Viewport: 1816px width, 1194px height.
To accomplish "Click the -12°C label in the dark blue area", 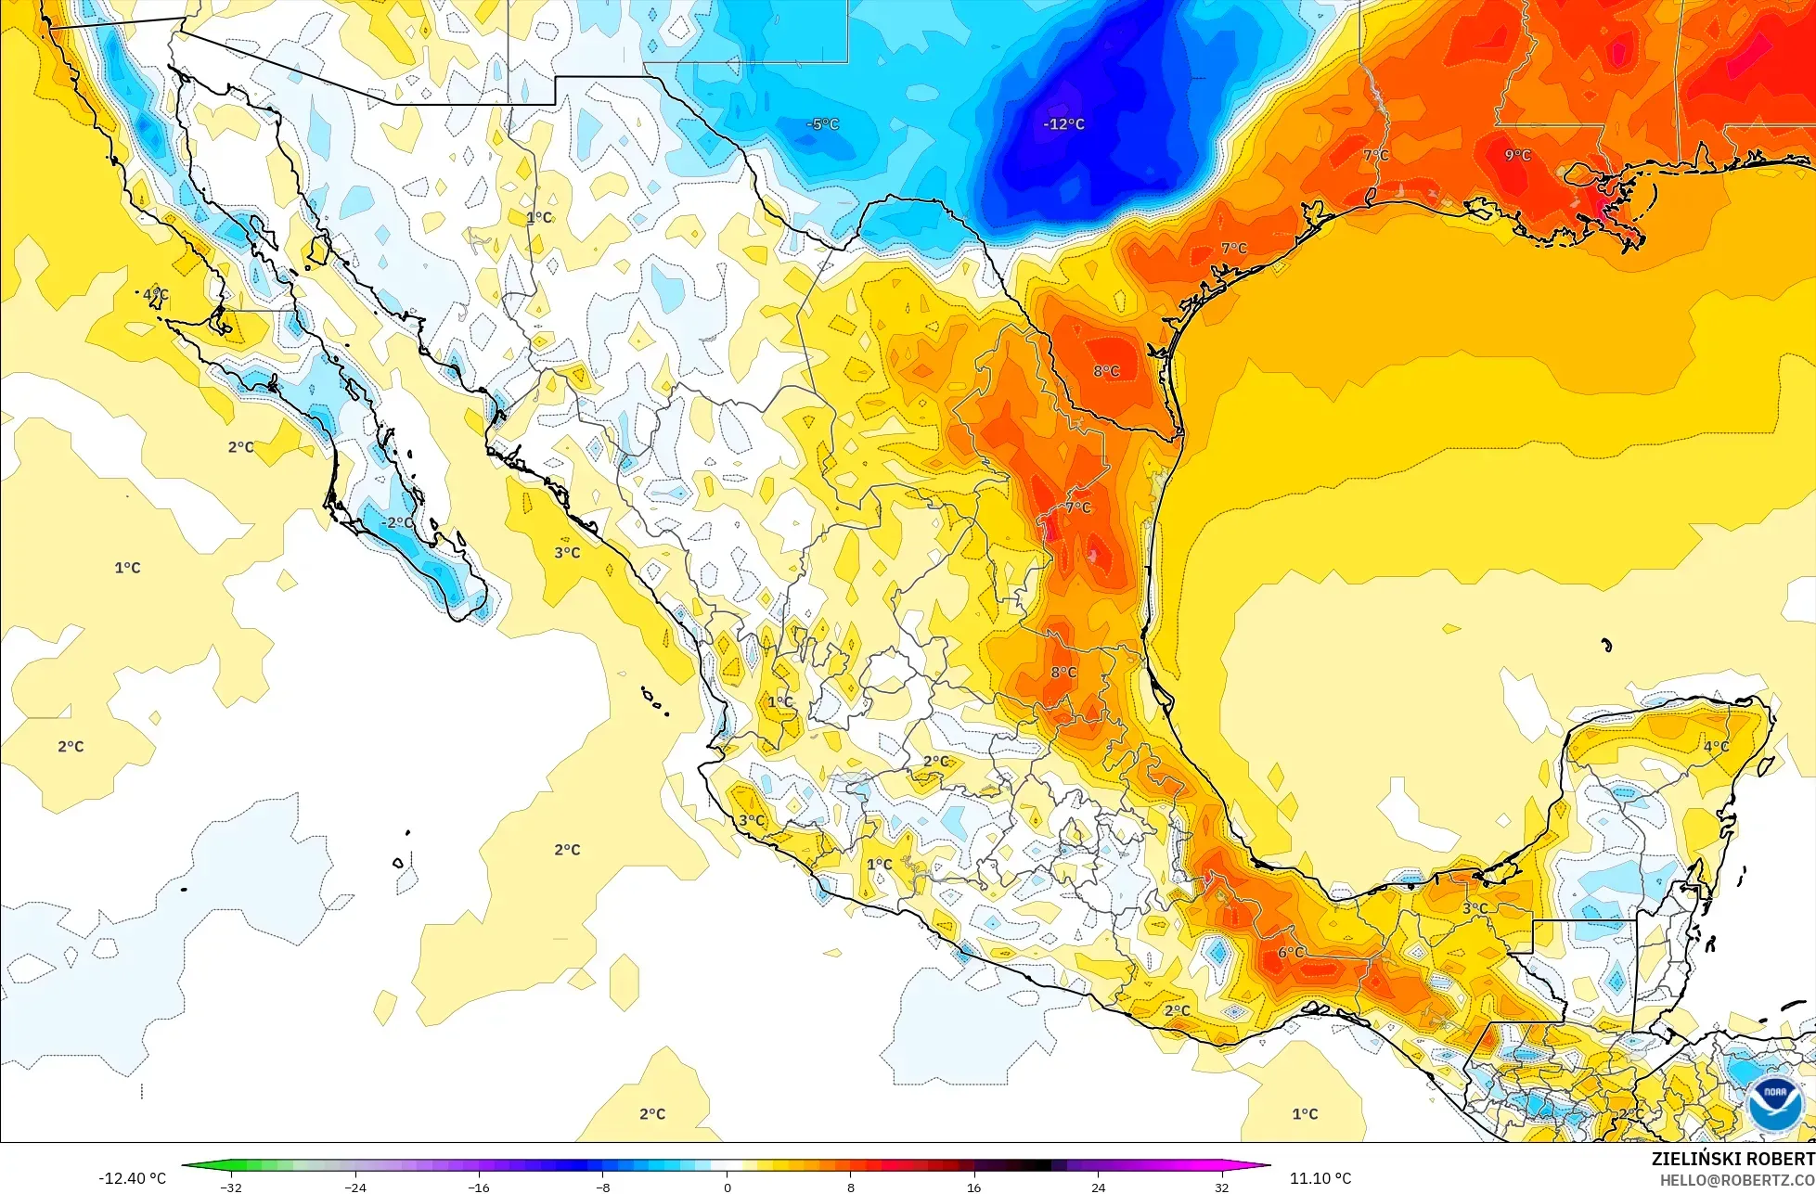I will click(1063, 123).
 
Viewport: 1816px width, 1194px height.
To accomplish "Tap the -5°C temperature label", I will click(822, 123).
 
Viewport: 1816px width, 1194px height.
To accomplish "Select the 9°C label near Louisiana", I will click(1517, 155).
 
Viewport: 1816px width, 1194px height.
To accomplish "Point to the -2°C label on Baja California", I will click(398, 522).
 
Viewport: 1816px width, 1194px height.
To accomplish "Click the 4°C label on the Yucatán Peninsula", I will click(1716, 746).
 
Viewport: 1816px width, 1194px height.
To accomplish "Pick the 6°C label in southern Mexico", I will click(1291, 953).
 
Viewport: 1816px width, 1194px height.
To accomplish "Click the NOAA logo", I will click(1774, 1103).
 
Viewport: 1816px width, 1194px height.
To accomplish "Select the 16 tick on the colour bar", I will click(973, 1187).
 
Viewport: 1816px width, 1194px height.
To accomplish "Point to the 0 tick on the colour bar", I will click(727, 1187).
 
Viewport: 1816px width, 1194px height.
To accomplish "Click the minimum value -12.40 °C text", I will click(132, 1178).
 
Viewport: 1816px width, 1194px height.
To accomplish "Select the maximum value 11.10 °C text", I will click(1320, 1178).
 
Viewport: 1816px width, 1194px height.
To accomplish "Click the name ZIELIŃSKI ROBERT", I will click(1732, 1159).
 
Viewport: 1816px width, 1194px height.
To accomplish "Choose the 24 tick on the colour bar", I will click(1098, 1187).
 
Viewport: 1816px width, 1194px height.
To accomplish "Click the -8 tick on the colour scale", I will click(602, 1187).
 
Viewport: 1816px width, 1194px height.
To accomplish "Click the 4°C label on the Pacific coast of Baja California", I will click(155, 294).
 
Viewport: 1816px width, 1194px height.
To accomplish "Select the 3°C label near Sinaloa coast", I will click(567, 552).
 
